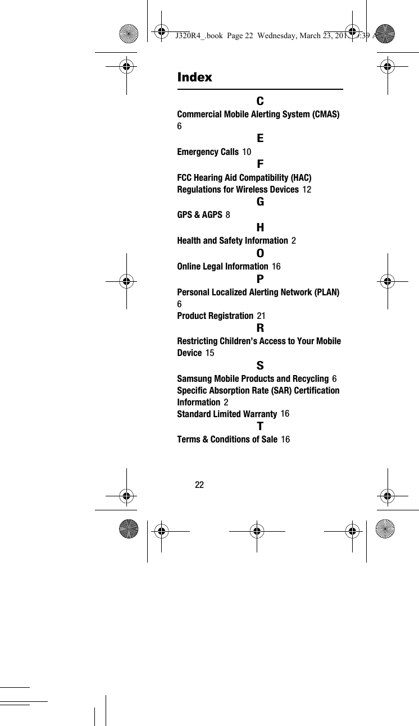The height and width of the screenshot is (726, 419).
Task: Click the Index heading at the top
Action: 194,77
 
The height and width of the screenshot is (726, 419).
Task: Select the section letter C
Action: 260,102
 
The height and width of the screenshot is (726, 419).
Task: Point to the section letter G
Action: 260,202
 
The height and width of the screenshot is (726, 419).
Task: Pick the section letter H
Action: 260,227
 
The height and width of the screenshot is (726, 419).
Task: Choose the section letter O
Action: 260,253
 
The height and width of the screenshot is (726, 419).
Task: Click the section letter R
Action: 260,328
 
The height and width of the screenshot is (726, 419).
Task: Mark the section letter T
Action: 260,426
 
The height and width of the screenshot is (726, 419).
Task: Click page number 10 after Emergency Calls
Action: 247,152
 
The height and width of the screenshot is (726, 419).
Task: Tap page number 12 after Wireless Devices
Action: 307,190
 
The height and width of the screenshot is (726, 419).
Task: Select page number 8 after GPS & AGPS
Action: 227,215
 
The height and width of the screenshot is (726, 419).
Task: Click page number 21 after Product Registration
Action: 261,316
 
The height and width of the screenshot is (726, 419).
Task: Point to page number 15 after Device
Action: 210,353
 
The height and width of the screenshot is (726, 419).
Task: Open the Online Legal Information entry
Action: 222,266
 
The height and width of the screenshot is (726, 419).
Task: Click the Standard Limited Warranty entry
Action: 227,414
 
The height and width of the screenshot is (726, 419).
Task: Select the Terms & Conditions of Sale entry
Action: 227,440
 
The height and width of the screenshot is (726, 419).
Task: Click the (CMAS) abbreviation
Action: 325,115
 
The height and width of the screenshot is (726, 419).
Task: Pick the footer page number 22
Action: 199,485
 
